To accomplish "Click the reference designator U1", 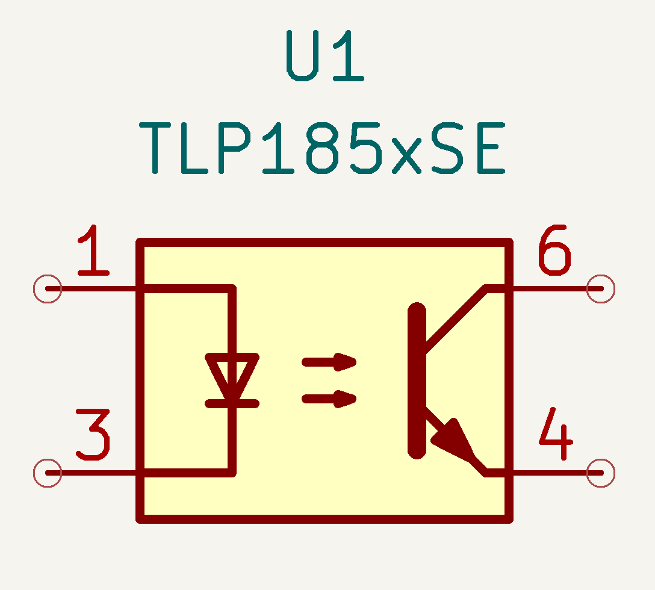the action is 326,55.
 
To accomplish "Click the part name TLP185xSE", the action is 322,148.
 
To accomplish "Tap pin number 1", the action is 93,250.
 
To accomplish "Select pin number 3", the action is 93,435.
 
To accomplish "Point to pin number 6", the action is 554,250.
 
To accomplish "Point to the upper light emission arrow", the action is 329,362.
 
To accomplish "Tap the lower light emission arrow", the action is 329,399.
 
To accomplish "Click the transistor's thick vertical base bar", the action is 417,380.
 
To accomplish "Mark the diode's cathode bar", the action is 232,403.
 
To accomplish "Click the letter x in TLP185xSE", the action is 406,157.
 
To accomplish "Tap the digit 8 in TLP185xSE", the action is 322,148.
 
